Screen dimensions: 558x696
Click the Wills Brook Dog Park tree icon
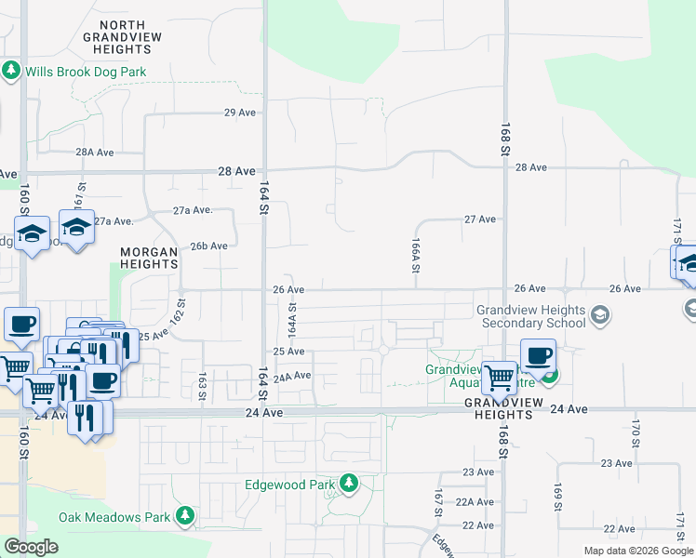[11, 71]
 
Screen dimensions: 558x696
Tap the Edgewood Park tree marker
[349, 483]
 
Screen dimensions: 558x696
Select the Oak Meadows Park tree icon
[186, 515]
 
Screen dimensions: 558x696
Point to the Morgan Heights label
[149, 258]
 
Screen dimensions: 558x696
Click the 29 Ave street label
[240, 113]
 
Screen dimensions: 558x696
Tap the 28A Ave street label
[94, 152]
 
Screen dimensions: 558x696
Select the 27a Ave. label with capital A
[193, 210]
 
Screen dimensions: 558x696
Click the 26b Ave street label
[209, 246]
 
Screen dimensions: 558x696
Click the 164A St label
[292, 318]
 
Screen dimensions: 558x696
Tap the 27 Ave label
[480, 219]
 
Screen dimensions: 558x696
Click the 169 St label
[558, 497]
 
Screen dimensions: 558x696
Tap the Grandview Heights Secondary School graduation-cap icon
[600, 315]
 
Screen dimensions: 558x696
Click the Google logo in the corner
[31, 547]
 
